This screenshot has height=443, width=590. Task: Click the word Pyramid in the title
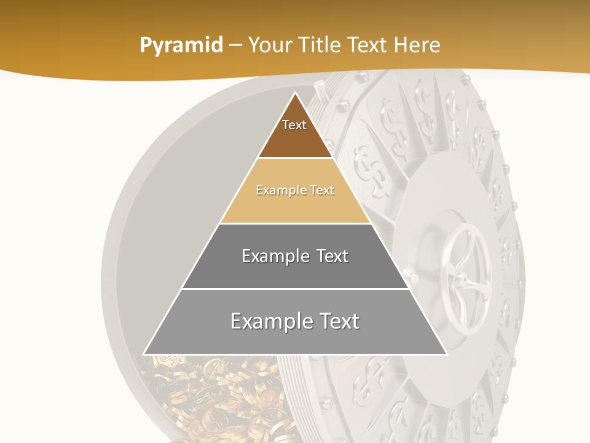pyautogui.click(x=181, y=46)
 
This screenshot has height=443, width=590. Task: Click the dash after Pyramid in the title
pyautogui.click(x=235, y=46)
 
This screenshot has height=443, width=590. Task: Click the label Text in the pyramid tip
pyautogui.click(x=294, y=125)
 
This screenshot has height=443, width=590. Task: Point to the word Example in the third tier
pyautogui.click(x=274, y=256)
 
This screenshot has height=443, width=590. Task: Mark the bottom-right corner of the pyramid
pyautogui.click(x=446, y=354)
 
